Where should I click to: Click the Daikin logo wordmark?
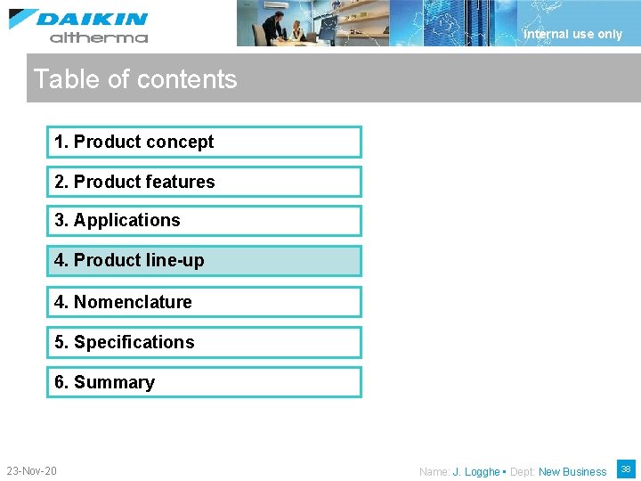(92, 19)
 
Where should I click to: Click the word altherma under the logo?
(99, 37)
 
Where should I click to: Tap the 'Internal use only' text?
(572, 34)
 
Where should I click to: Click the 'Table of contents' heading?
(135, 79)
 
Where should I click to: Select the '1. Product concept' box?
(204, 142)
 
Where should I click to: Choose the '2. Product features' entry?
(204, 182)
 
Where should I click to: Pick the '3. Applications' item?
(204, 221)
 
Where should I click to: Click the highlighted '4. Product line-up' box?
(204, 261)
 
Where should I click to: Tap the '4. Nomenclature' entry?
(204, 302)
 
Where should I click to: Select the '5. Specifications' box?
(204, 342)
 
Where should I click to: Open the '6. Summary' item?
(204, 382)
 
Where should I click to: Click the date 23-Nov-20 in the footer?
(31, 470)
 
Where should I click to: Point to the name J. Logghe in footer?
(476, 472)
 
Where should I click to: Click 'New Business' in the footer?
(572, 472)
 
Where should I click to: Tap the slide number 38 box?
(624, 469)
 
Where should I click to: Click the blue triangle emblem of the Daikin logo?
(23, 19)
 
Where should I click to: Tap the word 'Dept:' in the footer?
(523, 472)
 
